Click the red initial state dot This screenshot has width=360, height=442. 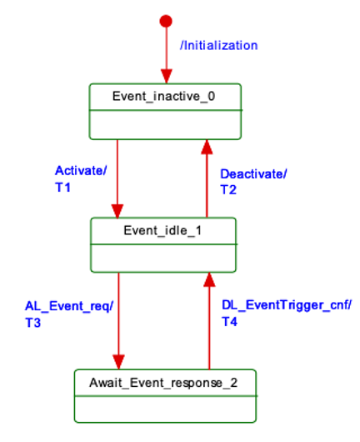pyautogui.click(x=166, y=21)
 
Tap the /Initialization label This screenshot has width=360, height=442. pyautogui.click(x=219, y=45)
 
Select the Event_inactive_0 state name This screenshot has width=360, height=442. pyautogui.click(x=163, y=97)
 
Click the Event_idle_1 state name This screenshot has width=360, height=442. pyautogui.click(x=162, y=230)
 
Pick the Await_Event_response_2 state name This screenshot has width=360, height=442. pyautogui.click(x=163, y=383)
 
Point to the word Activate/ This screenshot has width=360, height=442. pyautogui.click(x=81, y=170)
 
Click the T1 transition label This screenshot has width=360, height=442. pyautogui.click(x=62, y=188)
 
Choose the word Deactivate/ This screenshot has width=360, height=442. pyautogui.click(x=253, y=174)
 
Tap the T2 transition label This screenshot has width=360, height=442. pyautogui.click(x=228, y=189)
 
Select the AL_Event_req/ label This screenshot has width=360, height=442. pyautogui.click(x=69, y=306)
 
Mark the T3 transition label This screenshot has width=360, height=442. pyautogui.click(x=33, y=323)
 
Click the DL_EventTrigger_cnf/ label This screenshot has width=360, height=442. pyautogui.click(x=287, y=305)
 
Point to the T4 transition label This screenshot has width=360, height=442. pyautogui.click(x=229, y=322)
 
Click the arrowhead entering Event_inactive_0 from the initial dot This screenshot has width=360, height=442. pyautogui.click(x=166, y=77)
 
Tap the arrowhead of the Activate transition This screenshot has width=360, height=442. pyautogui.click(x=117, y=211)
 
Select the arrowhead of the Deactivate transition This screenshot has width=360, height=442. pyautogui.click(x=207, y=147)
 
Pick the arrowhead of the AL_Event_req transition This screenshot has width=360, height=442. pyautogui.click(x=118, y=362)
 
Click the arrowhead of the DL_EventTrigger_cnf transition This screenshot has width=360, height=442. pyautogui.click(x=209, y=279)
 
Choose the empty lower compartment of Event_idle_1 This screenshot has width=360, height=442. pyautogui.click(x=163, y=259)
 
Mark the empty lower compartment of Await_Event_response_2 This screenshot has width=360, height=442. pyautogui.click(x=165, y=409)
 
